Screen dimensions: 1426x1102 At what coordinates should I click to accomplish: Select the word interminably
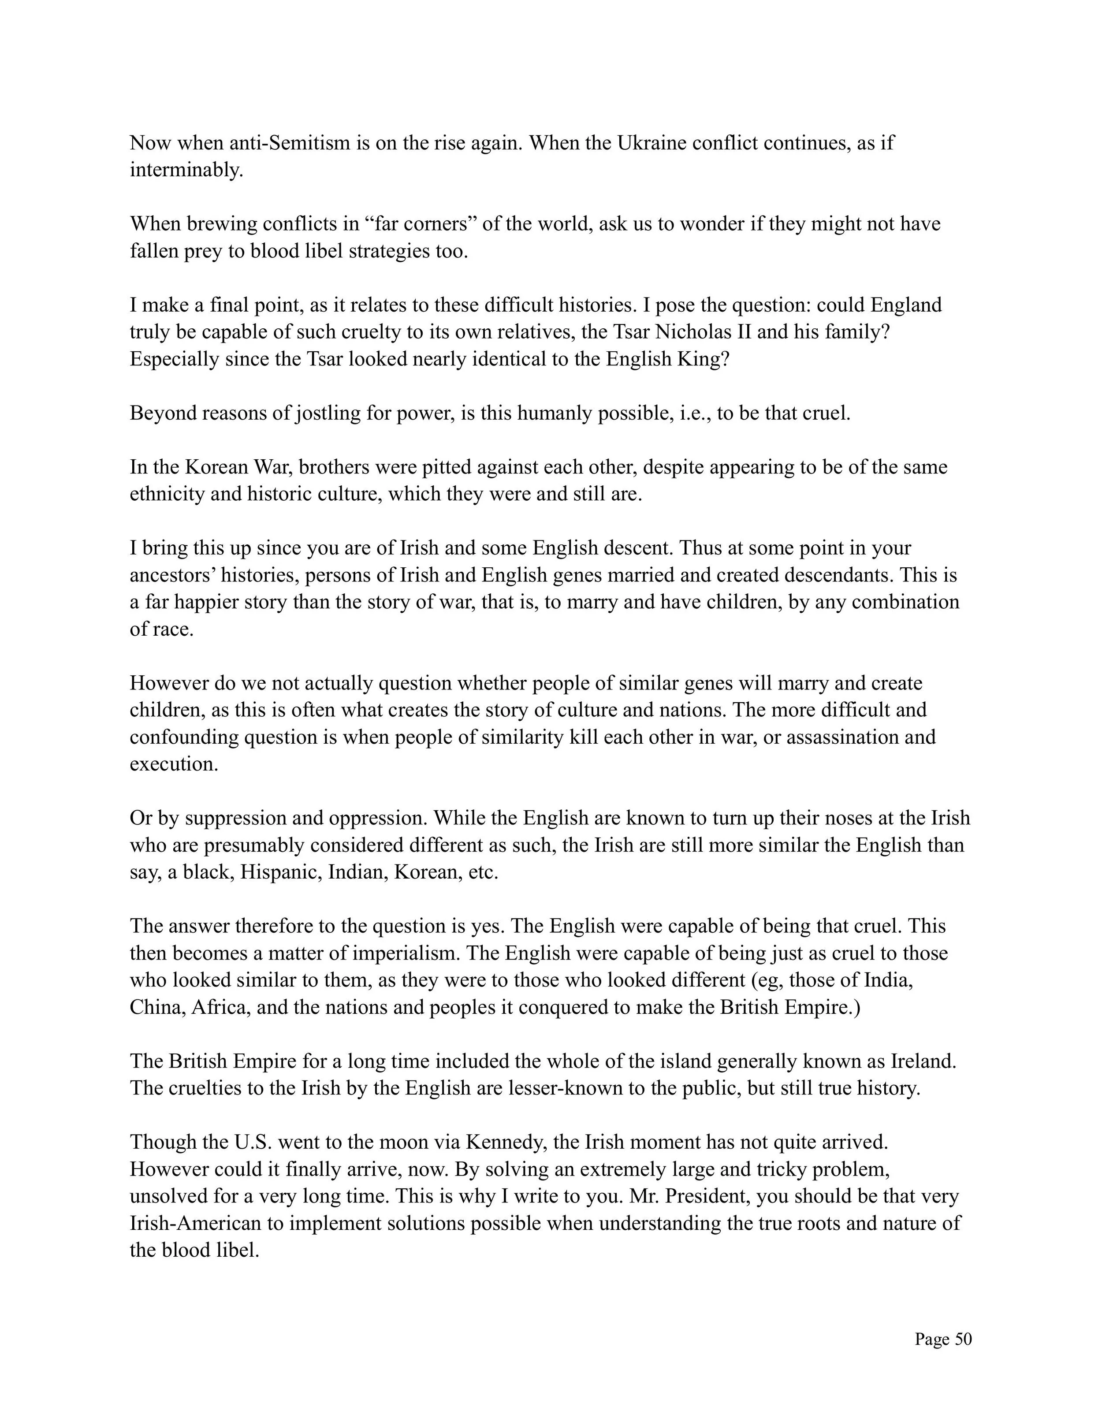point(186,171)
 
